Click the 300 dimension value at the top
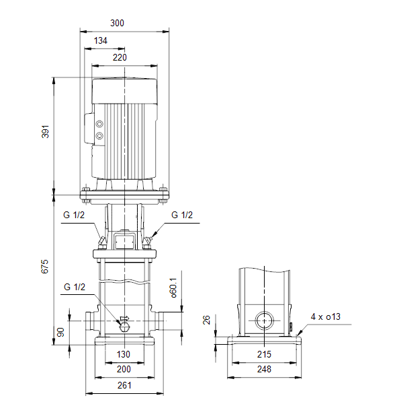coord(117,23)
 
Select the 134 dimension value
coord(101,40)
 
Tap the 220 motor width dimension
coord(120,57)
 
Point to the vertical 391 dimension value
coord(45,132)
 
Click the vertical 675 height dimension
coord(45,267)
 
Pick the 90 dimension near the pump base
coord(60,332)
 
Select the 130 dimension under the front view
coord(124,354)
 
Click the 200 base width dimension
coord(124,369)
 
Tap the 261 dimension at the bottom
coord(124,385)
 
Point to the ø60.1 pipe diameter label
coord(173,288)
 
